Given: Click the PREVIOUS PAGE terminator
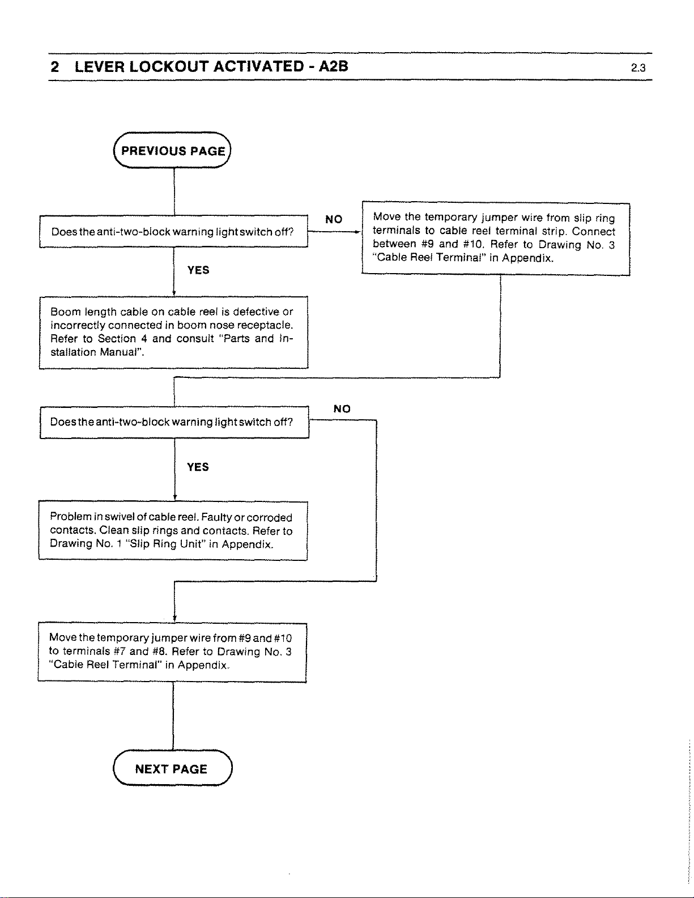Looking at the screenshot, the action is tap(172, 150).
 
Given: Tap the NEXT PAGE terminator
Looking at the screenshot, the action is tap(173, 768).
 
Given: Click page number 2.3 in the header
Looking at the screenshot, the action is tap(638, 68).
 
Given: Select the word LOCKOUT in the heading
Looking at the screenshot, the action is tap(169, 66).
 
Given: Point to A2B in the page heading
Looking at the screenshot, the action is tap(333, 66).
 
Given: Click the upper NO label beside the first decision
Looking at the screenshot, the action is tap(334, 219).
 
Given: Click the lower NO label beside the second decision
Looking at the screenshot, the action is tap(342, 408).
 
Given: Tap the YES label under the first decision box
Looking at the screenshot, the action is tap(198, 270).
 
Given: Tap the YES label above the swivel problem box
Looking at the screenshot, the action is tap(198, 467).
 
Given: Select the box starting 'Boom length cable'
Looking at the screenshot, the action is tap(173, 332).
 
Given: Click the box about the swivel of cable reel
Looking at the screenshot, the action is tap(173, 531).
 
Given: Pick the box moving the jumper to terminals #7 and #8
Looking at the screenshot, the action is tap(172, 652).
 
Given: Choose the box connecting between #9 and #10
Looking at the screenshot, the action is tap(496, 239).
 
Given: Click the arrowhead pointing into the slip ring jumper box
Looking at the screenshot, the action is tap(359, 232).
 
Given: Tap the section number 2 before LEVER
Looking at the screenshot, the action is tap(55, 67).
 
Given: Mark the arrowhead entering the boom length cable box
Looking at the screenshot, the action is tap(174, 293).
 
